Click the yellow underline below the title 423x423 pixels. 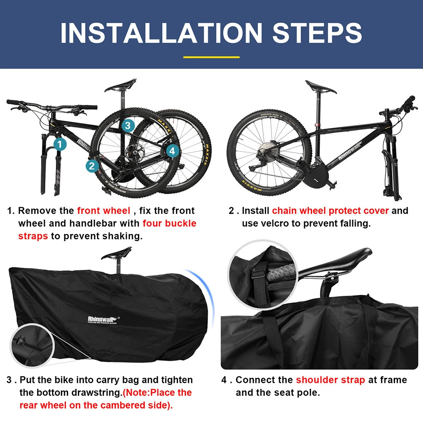[211, 57]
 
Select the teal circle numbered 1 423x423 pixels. [60, 144]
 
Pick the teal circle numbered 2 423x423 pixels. [91, 165]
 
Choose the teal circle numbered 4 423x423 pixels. [171, 150]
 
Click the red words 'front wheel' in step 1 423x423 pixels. [103, 211]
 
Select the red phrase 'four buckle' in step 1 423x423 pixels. [169, 223]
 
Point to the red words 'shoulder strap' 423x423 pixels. [330, 380]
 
